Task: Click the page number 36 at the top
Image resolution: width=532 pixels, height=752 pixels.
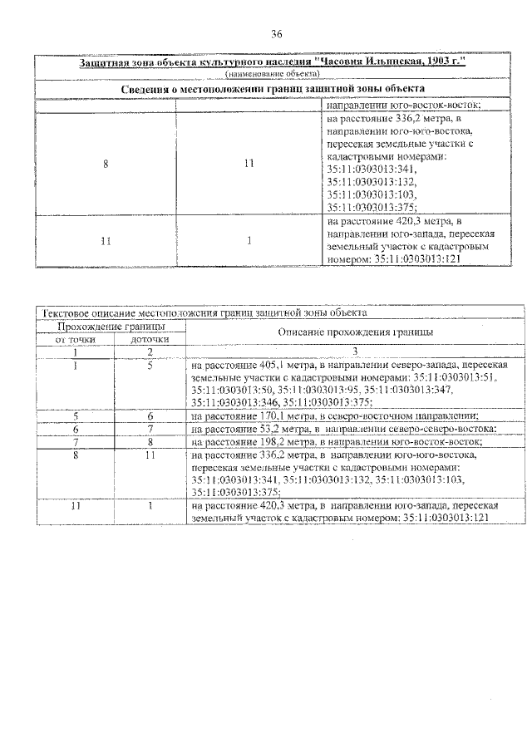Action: [277, 34]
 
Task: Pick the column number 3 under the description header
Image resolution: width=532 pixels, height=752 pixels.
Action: [354, 351]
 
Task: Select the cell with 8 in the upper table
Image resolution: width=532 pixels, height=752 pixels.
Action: [106, 163]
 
